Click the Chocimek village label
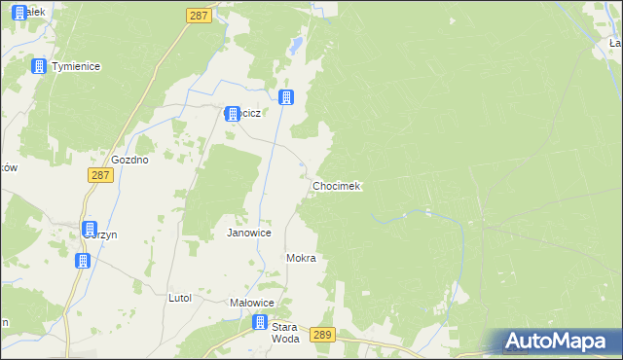tap(337, 186)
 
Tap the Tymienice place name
tap(77, 66)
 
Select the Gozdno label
tap(129, 160)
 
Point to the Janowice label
tap(248, 234)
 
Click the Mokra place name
tap(302, 259)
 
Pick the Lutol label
tap(180, 298)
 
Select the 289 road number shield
tap(324, 335)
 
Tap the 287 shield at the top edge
tap(199, 16)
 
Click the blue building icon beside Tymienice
tap(39, 66)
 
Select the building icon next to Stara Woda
tap(260, 323)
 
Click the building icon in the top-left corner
tap(19, 13)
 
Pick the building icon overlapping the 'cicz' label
tap(232, 114)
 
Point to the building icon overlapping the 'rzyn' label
tap(90, 230)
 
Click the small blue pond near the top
tap(294, 45)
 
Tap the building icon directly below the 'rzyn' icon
tap(83, 261)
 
